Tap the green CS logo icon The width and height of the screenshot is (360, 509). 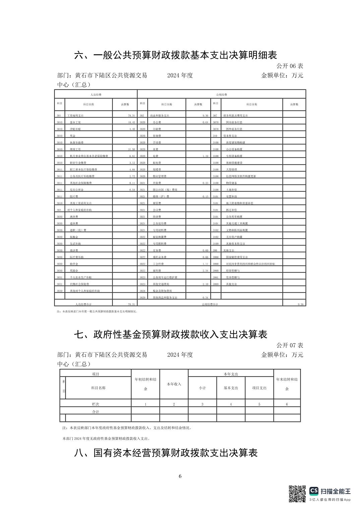pyautogui.click(x=314, y=491)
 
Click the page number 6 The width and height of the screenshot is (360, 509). pyautogui.click(x=180, y=476)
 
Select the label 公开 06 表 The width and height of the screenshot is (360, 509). pyautogui.click(x=290, y=66)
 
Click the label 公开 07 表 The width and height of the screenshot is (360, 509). pyautogui.click(x=290, y=345)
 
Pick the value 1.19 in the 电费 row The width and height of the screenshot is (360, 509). pyautogui.click(x=205, y=156)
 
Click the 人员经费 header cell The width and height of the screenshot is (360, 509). pyautogui.click(x=96, y=95)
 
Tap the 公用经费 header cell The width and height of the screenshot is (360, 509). pyautogui.click(x=221, y=95)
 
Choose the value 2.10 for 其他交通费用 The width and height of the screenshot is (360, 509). pyautogui.click(x=205, y=284)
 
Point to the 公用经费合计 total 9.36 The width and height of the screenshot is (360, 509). pyautogui.click(x=300, y=304)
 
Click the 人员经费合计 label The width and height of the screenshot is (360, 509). pyautogui.click(x=83, y=304)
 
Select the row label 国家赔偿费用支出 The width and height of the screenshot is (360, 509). pyautogui.click(x=237, y=257)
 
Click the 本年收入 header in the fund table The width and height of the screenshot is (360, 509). pyautogui.click(x=174, y=384)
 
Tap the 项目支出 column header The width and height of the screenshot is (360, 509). pyautogui.click(x=259, y=388)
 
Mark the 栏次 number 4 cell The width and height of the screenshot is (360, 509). pyautogui.click(x=231, y=404)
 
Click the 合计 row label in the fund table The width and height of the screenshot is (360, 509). pyautogui.click(x=96, y=412)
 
